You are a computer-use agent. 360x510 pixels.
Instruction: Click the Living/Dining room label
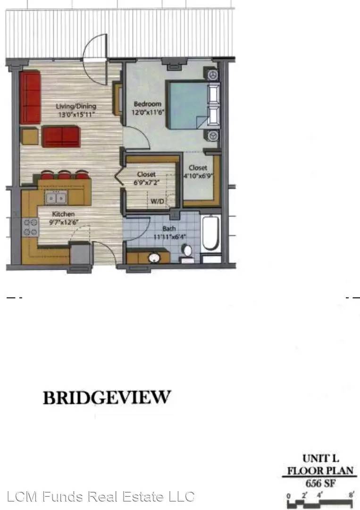pos(76,106)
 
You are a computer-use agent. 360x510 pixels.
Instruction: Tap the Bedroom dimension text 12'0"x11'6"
pos(148,112)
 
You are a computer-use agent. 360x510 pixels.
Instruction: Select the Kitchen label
pos(63,214)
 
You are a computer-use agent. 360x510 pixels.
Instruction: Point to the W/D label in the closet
pos(157,201)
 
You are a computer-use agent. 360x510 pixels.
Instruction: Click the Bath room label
pos(169,229)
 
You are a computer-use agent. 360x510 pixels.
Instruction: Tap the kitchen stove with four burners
pos(30,227)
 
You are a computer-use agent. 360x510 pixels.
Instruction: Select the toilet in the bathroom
pos(187,254)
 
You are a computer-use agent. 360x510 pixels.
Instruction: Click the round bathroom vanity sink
pos(154,258)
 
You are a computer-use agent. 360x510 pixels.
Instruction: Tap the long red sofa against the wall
pos(30,97)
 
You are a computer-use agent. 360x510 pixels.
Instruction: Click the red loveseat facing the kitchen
pos(61,136)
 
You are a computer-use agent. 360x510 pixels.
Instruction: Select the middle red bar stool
pos(64,175)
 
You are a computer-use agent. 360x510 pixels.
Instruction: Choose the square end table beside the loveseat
pos(30,136)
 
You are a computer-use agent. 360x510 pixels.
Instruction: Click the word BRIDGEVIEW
pos(107,397)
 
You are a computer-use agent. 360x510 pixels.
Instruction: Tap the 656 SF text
pos(320,484)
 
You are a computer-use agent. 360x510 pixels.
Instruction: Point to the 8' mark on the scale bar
pos(352,495)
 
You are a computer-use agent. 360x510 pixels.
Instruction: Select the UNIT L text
pos(321,459)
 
